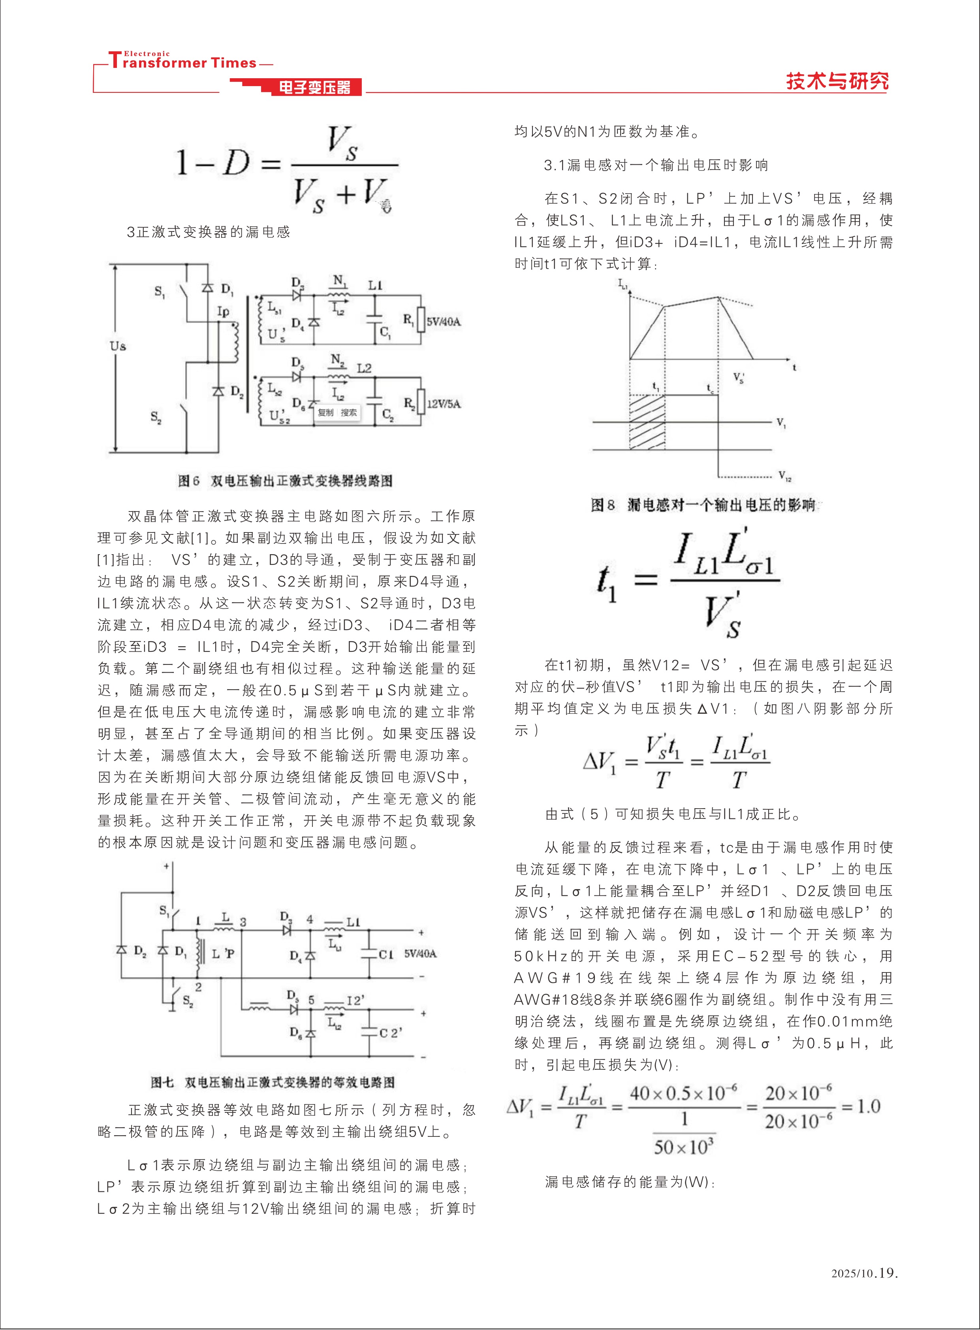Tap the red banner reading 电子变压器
(314, 88)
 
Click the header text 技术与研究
(837, 81)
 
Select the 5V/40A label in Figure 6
(443, 322)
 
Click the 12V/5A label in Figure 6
(443, 404)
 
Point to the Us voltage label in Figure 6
(118, 346)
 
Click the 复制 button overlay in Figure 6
(325, 412)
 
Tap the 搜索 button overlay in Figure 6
(349, 412)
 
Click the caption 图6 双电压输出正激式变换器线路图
(285, 480)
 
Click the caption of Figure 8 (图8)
(703, 505)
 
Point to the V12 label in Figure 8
(784, 476)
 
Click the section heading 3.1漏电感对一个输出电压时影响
(656, 166)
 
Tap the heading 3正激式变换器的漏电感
(208, 232)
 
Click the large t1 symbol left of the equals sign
(606, 583)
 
